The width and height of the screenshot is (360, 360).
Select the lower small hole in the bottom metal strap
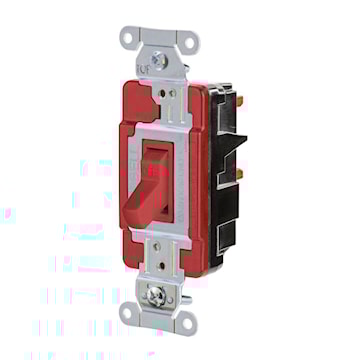click(x=160, y=274)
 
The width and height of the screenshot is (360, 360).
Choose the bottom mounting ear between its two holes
click(x=157, y=316)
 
